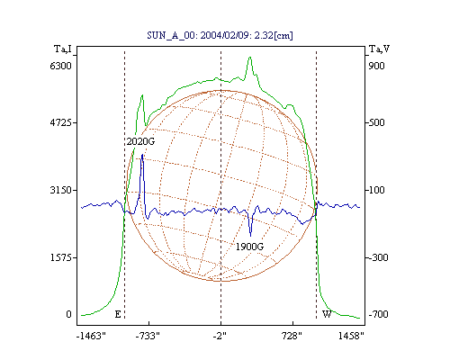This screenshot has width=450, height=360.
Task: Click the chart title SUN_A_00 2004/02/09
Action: click(x=220, y=35)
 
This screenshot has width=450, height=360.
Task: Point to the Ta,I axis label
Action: click(x=63, y=49)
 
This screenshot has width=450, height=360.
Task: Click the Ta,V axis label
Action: click(x=379, y=49)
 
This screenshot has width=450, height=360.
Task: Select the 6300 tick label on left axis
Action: click(x=60, y=66)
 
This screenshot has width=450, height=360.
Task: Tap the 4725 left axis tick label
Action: click(x=60, y=122)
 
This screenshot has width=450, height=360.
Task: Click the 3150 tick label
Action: click(x=60, y=190)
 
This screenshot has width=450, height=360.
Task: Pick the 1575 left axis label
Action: click(x=60, y=257)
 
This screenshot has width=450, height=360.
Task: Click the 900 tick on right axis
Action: click(x=376, y=66)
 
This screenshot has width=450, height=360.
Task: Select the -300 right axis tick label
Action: click(x=378, y=257)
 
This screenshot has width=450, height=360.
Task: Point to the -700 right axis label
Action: click(x=378, y=314)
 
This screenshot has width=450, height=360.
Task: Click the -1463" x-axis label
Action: click(x=91, y=336)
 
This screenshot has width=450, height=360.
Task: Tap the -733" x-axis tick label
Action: click(x=148, y=336)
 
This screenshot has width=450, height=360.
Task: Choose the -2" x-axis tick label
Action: click(x=220, y=336)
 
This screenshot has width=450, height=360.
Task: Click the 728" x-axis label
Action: click(x=292, y=336)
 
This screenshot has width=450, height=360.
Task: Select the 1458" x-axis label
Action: click(x=351, y=336)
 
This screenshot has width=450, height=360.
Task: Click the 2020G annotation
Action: click(x=140, y=141)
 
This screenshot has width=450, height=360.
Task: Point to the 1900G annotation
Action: click(x=249, y=247)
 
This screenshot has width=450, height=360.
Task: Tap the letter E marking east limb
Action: click(x=118, y=314)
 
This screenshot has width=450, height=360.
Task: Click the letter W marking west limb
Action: click(x=327, y=314)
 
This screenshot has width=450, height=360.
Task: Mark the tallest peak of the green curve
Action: click(x=250, y=57)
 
